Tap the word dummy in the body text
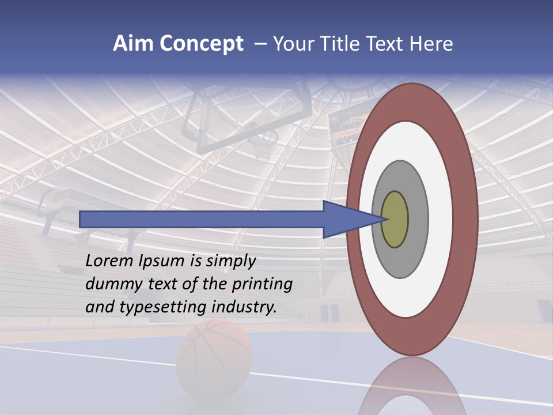(109, 284)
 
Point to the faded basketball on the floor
(214, 351)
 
